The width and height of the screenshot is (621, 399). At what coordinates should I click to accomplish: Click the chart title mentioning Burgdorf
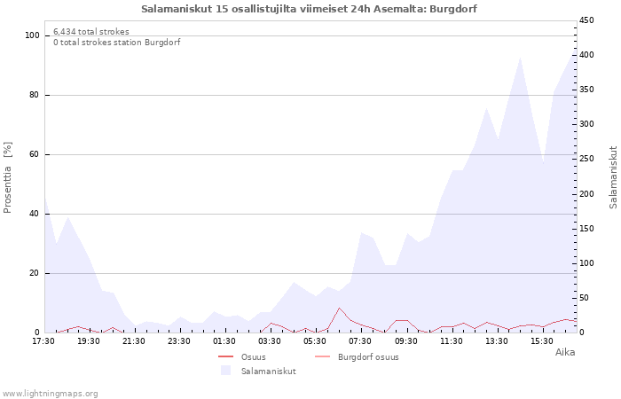pyautogui.click(x=309, y=9)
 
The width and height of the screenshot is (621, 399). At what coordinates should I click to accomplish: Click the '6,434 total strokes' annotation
pyautogui.click(x=91, y=32)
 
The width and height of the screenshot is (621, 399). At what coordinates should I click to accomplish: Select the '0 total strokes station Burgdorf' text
pyautogui.click(x=117, y=43)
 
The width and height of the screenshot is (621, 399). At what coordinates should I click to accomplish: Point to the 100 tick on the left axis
pyautogui.click(x=33, y=35)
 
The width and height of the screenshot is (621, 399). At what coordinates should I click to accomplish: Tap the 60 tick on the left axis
pyautogui.click(x=35, y=154)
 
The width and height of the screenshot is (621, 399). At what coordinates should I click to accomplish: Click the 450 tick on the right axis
pyautogui.click(x=586, y=20)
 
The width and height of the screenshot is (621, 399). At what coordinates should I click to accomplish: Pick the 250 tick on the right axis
pyautogui.click(x=586, y=159)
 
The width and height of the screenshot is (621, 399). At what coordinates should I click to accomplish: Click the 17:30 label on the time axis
pyautogui.click(x=43, y=341)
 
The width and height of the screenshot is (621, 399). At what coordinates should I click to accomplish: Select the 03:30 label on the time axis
pyautogui.click(x=270, y=341)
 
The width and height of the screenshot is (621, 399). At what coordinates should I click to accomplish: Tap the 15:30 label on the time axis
pyautogui.click(x=542, y=341)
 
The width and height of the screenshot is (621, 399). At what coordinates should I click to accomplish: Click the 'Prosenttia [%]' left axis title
pyautogui.click(x=7, y=177)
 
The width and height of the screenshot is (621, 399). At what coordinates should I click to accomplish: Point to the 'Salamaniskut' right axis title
pyautogui.click(x=613, y=177)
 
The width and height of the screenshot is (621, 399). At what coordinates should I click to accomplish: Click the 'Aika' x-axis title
pyautogui.click(x=565, y=352)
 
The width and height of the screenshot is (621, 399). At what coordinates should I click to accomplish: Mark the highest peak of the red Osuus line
pyautogui.click(x=339, y=308)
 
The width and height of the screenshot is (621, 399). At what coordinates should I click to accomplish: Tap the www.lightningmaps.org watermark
pyautogui.click(x=50, y=394)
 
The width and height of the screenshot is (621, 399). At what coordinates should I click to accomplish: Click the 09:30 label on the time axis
pyautogui.click(x=406, y=341)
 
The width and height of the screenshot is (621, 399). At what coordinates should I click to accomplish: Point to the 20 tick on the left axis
pyautogui.click(x=35, y=273)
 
